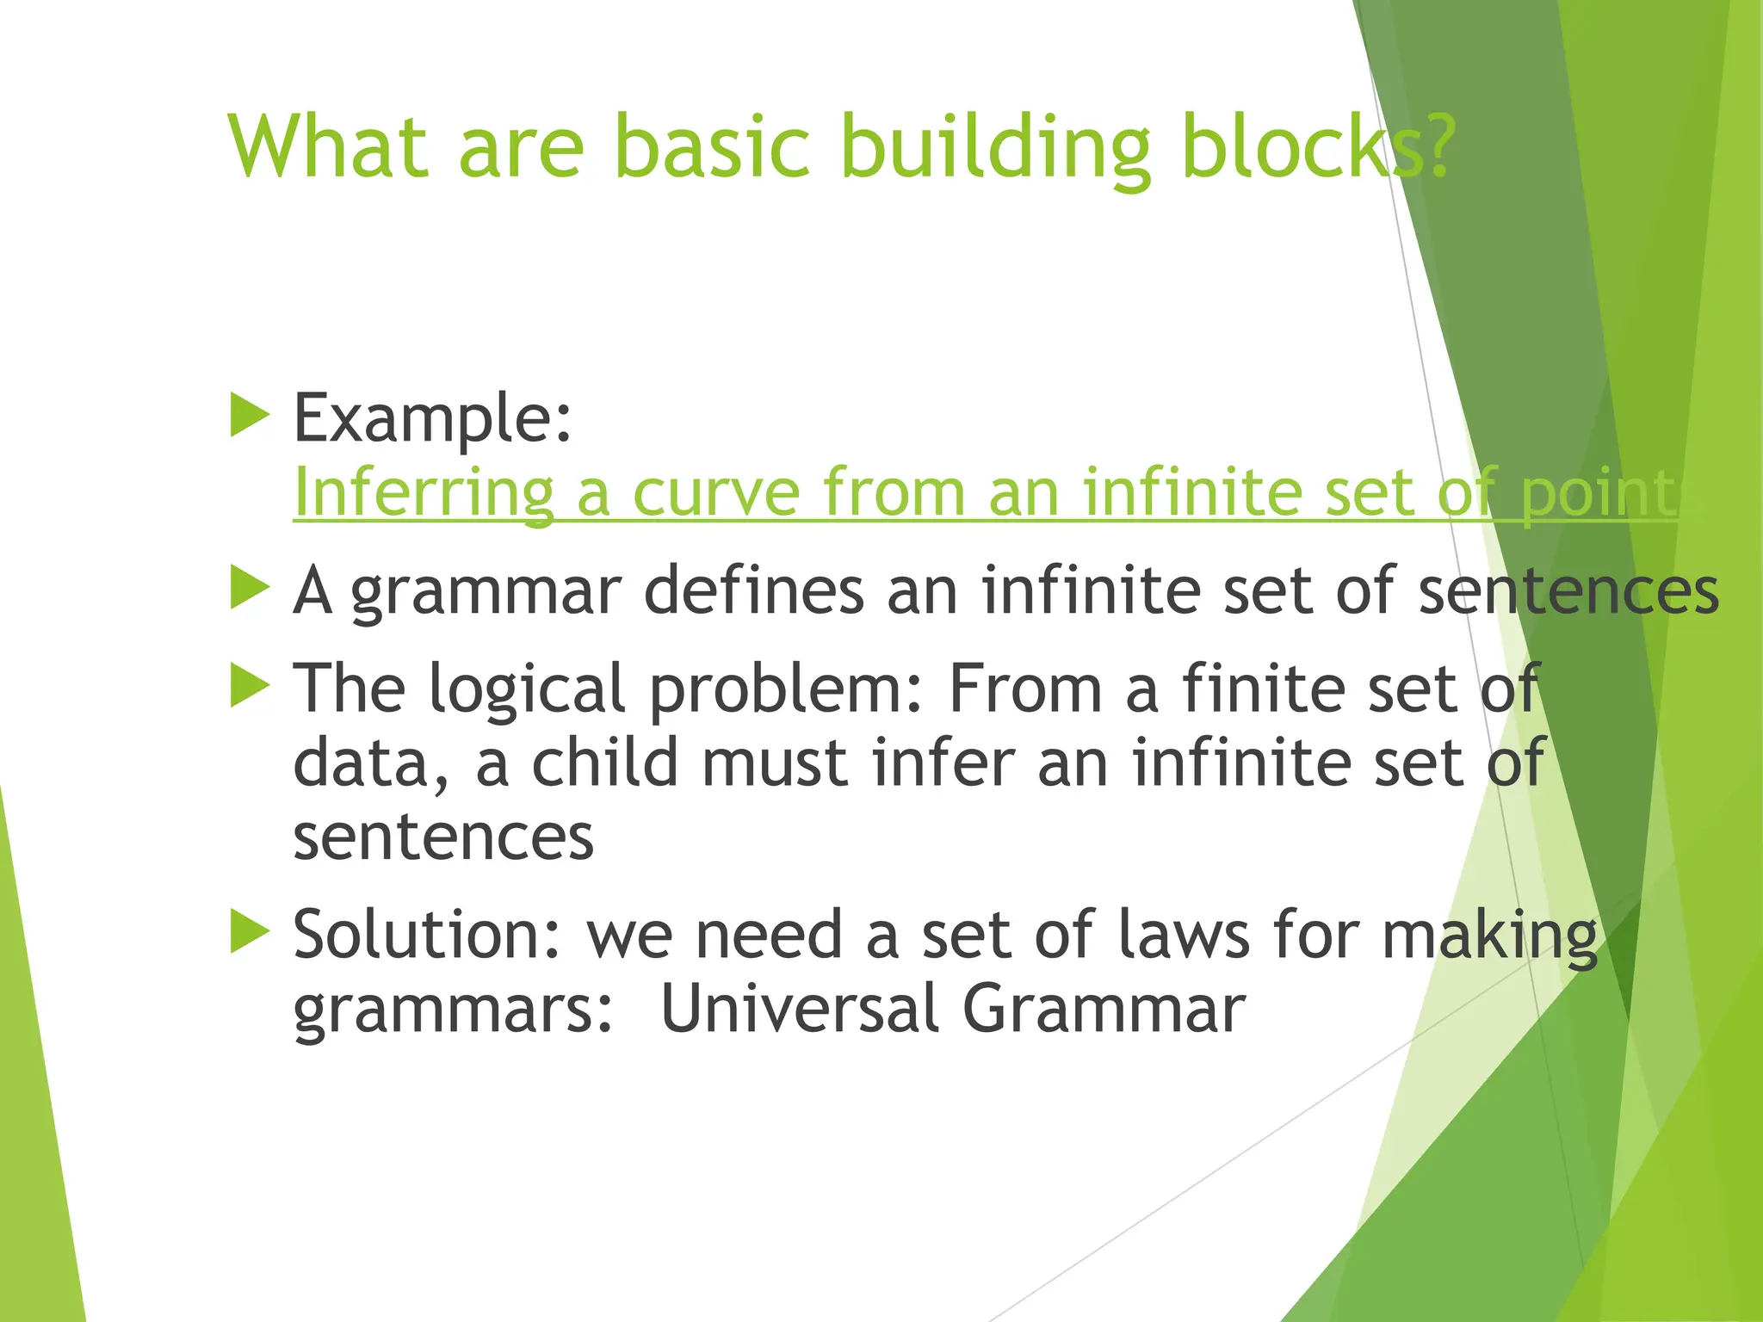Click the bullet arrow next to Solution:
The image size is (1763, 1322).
pos(251,933)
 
